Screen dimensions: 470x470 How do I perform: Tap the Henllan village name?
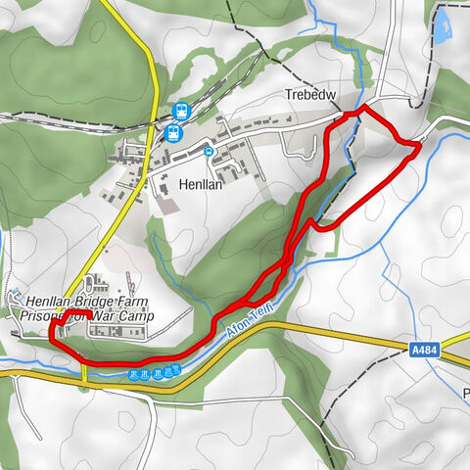point(203,183)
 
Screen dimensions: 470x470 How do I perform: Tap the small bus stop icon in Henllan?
point(209,151)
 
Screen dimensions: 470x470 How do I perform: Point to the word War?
point(113,316)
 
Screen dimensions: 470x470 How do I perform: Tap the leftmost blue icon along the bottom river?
point(133,373)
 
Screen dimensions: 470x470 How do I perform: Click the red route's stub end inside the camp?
point(89,317)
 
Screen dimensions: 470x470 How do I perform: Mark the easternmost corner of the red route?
point(420,145)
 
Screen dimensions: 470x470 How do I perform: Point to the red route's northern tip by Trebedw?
point(363,107)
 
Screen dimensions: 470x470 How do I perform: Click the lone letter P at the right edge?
point(466,396)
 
